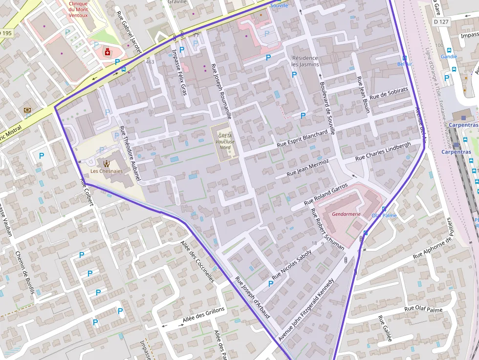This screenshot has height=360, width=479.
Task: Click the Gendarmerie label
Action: (x=346, y=214)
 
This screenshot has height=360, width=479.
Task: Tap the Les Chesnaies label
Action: (x=107, y=171)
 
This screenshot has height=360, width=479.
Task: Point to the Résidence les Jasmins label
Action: (x=305, y=61)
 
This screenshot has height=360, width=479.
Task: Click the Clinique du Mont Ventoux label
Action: (x=78, y=9)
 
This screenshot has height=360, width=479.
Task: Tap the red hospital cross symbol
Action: (x=107, y=51)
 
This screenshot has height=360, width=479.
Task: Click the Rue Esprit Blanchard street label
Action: (x=302, y=139)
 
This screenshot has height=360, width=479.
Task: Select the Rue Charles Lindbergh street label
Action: (x=383, y=151)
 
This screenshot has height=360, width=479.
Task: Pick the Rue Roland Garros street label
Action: (x=326, y=194)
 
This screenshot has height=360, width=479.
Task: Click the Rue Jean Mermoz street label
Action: (x=307, y=167)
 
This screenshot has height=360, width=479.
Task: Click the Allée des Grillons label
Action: (x=203, y=316)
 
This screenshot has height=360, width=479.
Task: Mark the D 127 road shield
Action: (x=441, y=21)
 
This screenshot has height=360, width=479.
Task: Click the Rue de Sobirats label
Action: (x=389, y=93)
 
